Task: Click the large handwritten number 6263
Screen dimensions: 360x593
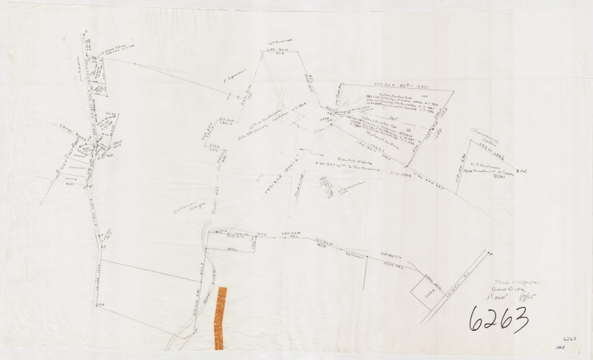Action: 499,319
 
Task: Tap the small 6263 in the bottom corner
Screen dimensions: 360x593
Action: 569,339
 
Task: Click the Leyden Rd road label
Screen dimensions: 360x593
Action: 457,284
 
